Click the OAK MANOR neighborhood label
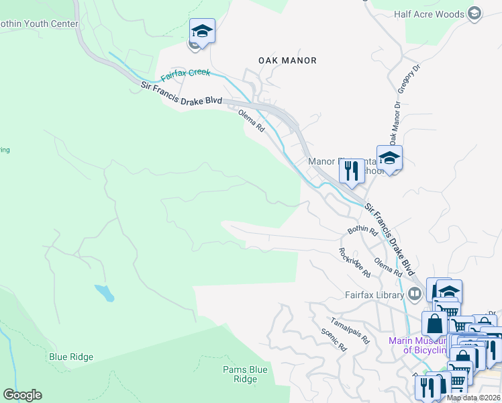287,60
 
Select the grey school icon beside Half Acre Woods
475,13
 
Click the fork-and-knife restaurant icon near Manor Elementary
352,172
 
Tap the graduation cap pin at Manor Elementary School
389,159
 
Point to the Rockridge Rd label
354,262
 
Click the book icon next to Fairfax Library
415,294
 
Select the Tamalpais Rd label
349,330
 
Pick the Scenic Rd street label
333,340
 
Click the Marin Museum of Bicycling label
417,345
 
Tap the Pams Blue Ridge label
245,374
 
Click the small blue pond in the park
104,292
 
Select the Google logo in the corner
22,395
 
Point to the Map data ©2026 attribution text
473,398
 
